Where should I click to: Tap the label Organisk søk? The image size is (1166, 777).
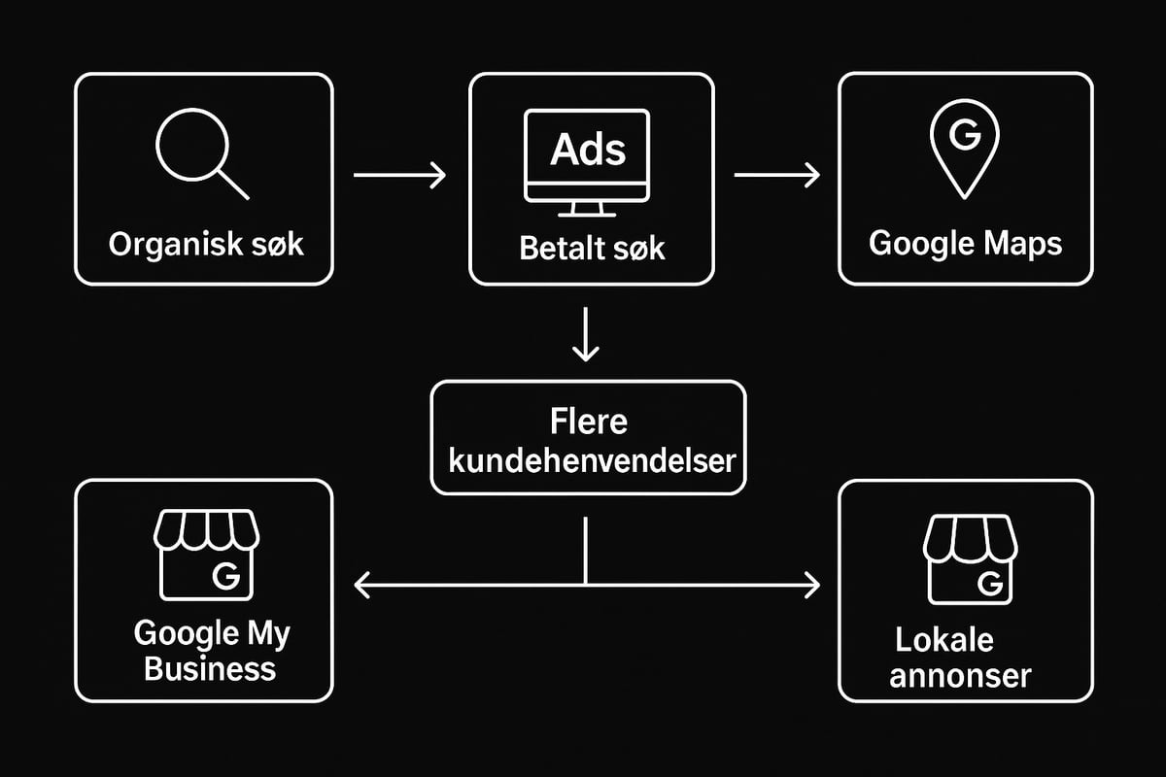[206, 243]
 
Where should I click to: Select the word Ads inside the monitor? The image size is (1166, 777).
[588, 151]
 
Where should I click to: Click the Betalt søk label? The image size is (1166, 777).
[592, 248]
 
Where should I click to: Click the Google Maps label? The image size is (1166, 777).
[965, 243]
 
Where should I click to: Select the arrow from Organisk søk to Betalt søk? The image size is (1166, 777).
[399, 176]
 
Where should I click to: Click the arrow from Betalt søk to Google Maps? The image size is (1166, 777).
[777, 176]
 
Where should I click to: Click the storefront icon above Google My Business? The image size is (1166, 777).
[206, 555]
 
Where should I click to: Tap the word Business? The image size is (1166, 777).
[210, 669]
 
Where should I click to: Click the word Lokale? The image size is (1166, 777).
[943, 640]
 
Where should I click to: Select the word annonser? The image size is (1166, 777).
[960, 675]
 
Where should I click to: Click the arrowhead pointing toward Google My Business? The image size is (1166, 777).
[360, 585]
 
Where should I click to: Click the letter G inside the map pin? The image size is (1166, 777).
[964, 136]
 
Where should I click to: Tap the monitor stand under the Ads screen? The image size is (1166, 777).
[587, 210]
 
